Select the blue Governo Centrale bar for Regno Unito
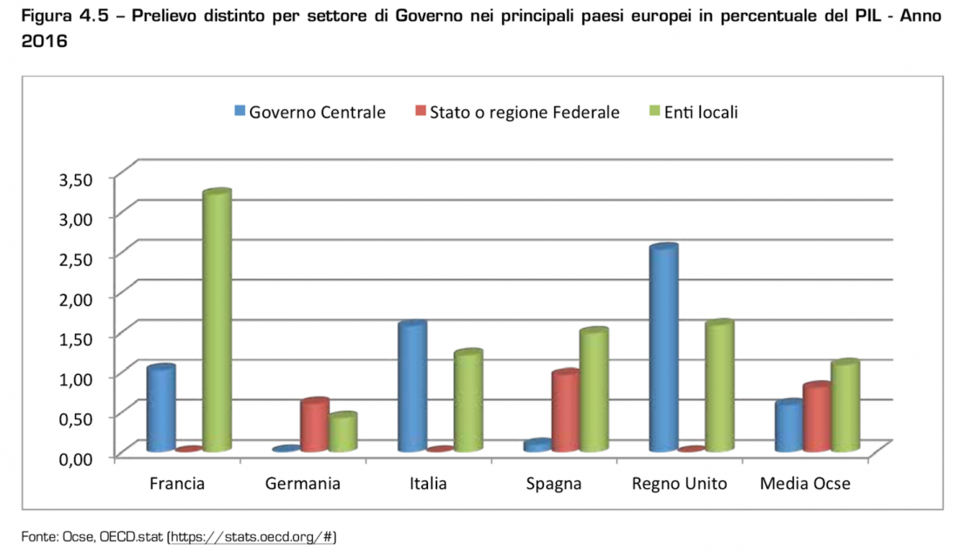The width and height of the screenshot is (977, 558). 663,349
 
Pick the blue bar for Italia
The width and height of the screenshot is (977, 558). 412,387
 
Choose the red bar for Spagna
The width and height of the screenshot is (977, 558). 566,412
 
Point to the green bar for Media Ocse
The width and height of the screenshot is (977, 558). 845,406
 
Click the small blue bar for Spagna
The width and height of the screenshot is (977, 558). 538,446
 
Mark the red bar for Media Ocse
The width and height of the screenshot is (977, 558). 817,418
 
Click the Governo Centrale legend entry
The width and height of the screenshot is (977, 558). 309,112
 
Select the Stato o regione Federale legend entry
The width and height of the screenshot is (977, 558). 517,112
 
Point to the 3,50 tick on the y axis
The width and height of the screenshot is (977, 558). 75,179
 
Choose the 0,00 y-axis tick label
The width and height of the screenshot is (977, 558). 75,457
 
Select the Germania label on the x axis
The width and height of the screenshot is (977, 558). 302,484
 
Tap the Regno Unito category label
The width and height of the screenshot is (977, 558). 679,484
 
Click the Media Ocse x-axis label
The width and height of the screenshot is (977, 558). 804,484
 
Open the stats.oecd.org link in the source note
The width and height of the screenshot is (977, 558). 252,537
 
